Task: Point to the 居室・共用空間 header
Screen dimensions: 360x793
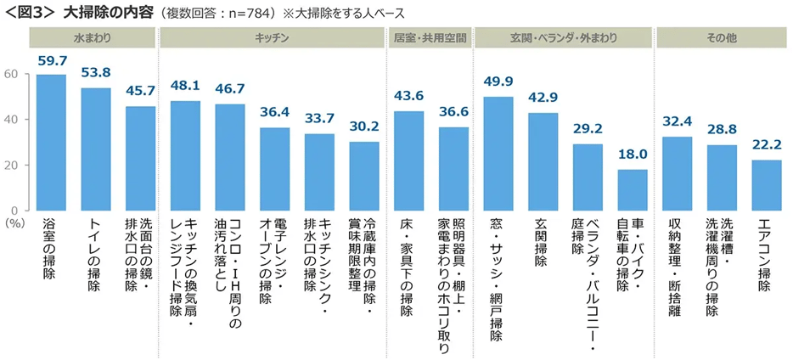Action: pos(430,38)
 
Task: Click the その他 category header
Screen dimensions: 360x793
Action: pos(721,38)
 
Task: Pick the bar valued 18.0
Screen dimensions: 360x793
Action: pos(632,189)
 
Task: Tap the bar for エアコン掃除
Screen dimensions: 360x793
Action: pos(766,185)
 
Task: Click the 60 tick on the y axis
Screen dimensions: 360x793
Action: pos(11,74)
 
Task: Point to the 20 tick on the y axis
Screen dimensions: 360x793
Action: pos(11,165)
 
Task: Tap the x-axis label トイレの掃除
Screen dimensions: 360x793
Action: pos(95,255)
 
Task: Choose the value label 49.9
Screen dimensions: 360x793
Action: pos(498,82)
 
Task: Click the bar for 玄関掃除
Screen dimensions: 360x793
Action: pos(543,161)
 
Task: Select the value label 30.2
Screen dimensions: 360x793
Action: pos(364,127)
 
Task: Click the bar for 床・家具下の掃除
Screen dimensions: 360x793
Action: pos(408,160)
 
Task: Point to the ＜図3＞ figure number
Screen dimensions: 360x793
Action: pos(29,12)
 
